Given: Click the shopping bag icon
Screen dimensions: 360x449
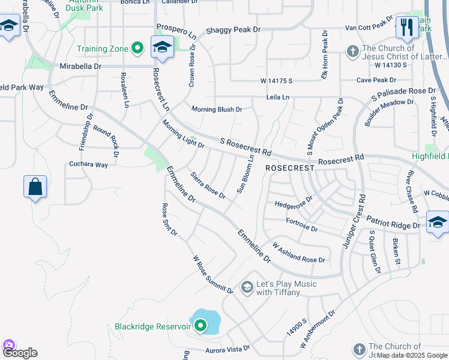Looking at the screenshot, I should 35,187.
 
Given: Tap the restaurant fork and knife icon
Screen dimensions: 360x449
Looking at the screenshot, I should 406,27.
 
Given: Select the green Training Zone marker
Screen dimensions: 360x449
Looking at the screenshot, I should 137,48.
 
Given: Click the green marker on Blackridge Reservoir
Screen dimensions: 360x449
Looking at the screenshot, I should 199,326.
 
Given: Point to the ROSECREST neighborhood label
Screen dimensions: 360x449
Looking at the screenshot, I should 290,169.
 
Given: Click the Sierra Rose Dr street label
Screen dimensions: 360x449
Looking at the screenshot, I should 208,186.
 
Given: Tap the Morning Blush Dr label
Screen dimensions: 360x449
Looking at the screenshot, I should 217,109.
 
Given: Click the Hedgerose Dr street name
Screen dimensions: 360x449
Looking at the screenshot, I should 294,202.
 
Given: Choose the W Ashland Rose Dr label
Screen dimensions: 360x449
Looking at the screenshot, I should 299,253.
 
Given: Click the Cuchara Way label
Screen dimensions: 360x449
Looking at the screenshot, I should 88,164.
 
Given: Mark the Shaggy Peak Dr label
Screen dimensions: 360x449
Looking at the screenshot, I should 233,29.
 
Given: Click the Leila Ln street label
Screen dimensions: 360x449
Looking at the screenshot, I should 278,97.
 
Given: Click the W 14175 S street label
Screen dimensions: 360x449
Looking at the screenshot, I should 276,80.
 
